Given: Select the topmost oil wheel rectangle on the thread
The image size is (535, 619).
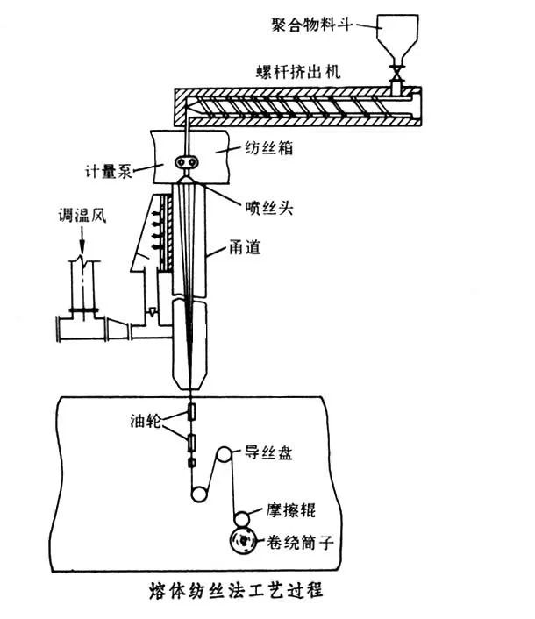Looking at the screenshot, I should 190,411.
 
